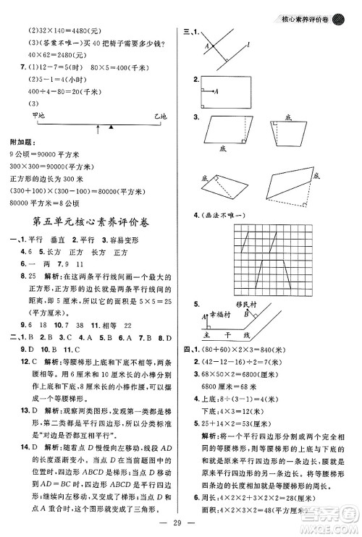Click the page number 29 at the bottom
tap(181, 523)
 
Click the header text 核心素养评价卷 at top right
tap(311, 9)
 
